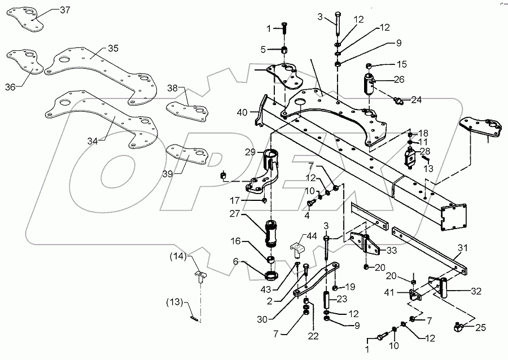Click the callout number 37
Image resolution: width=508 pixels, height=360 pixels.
(66, 10)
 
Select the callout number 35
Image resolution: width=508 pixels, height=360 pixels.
(113, 49)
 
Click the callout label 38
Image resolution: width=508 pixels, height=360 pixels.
(173, 88)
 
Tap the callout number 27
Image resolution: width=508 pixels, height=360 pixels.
(250, 214)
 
